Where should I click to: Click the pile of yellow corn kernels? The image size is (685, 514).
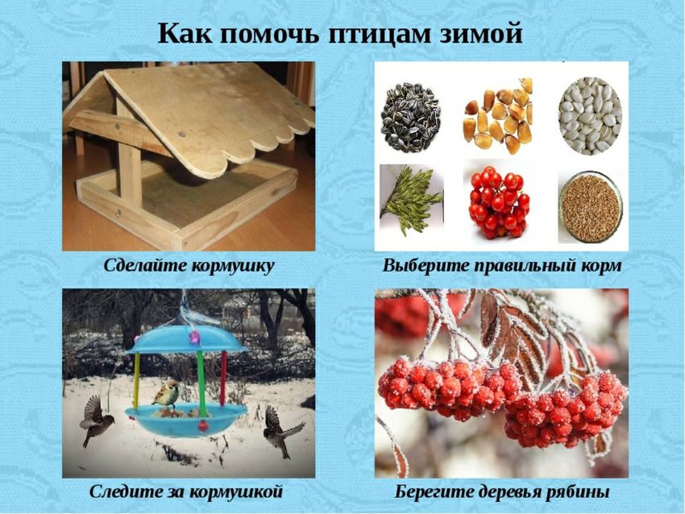pyautogui.click(x=498, y=116)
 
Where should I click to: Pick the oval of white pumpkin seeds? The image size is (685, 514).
pyautogui.click(x=590, y=115)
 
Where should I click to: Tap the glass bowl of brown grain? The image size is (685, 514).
pyautogui.click(x=590, y=206)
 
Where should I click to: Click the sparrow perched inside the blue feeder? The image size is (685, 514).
pyautogui.click(x=166, y=393)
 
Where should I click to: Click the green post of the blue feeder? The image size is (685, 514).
pyautogui.click(x=201, y=383)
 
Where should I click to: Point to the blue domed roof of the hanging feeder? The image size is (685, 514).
pyautogui.click(x=185, y=339)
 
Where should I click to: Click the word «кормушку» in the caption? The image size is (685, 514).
pyautogui.click(x=233, y=266)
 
